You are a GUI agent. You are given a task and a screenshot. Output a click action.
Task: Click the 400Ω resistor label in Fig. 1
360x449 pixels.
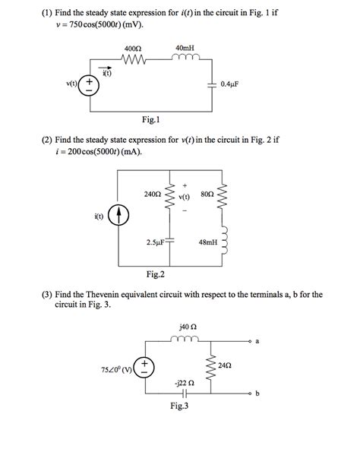click(x=134, y=48)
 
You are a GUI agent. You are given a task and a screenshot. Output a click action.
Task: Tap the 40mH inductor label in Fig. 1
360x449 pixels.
click(x=185, y=48)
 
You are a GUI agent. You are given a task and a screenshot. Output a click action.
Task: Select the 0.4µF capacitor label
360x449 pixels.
click(x=230, y=84)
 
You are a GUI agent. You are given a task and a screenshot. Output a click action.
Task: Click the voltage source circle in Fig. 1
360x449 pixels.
click(x=90, y=84)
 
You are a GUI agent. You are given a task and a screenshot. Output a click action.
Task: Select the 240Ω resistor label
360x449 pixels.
click(x=153, y=194)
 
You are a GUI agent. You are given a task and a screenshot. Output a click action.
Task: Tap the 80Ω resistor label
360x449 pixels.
click(x=207, y=194)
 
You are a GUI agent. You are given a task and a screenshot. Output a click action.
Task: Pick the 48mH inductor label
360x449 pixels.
click(x=207, y=243)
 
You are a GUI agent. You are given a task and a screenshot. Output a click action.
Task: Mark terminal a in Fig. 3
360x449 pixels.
click(x=257, y=342)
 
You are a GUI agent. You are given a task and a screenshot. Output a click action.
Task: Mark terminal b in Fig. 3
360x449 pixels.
click(x=257, y=394)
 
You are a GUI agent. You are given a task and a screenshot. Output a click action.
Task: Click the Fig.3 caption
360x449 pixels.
click(x=180, y=406)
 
